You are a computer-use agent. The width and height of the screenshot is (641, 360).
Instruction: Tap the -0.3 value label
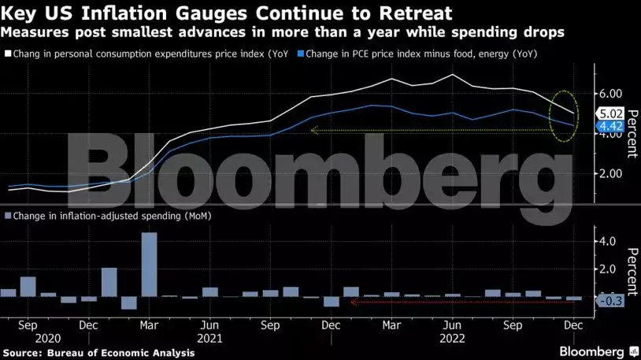(x=610, y=300)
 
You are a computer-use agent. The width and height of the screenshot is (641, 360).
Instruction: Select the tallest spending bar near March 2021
(x=149, y=264)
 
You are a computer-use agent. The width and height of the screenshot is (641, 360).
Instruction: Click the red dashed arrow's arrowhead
(x=353, y=302)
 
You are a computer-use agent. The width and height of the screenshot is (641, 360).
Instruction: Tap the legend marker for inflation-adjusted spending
(x=8, y=215)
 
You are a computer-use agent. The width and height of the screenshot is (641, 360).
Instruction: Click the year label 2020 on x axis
(x=28, y=337)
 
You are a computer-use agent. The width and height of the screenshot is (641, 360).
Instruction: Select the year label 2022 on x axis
(x=452, y=337)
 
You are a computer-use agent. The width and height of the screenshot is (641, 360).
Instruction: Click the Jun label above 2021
(x=209, y=324)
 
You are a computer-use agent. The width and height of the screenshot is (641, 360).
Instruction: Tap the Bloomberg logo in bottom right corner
(x=598, y=350)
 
